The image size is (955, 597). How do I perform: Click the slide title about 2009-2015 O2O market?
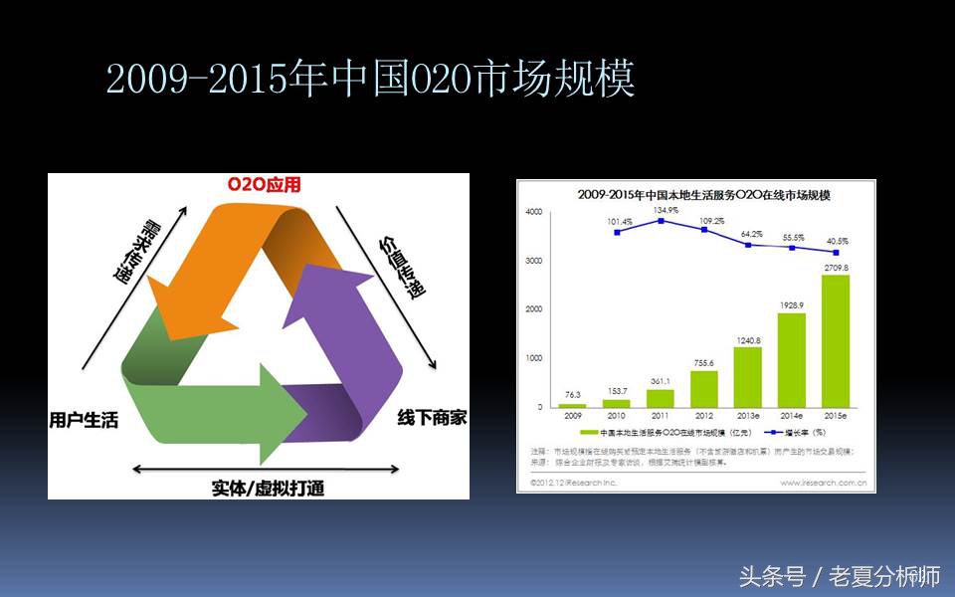coord(370,81)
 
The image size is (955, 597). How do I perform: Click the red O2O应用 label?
coord(264,185)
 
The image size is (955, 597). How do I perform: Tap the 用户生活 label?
coord(84,420)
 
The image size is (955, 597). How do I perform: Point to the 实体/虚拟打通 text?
coord(268,488)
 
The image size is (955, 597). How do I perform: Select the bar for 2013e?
coord(747,376)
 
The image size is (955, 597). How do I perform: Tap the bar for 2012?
coord(702,388)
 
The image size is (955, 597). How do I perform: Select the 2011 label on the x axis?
coord(659,417)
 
